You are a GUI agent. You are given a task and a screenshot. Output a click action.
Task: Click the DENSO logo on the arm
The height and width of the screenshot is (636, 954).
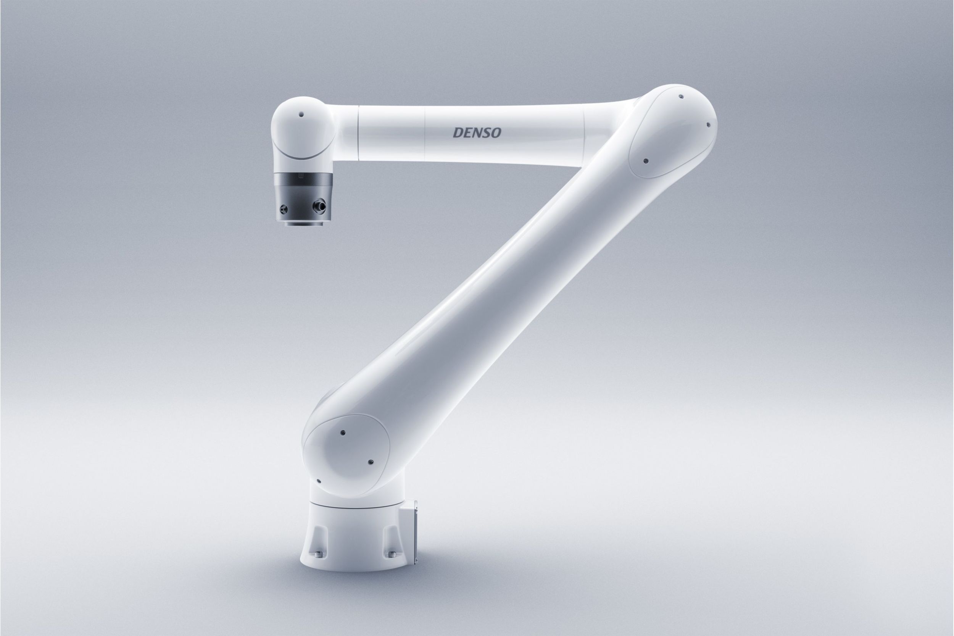coord(477,132)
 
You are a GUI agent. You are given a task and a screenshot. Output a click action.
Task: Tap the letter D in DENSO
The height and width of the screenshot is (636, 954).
coord(457,132)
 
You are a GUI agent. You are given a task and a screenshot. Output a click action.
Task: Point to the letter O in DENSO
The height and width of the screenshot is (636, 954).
coord(496,132)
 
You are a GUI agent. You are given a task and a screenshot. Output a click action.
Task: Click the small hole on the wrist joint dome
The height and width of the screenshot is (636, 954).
coord(301,115)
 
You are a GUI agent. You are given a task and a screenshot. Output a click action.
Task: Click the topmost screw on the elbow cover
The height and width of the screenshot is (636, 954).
coord(681,97)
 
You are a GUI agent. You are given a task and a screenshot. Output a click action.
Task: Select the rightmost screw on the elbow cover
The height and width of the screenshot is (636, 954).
coord(708,124)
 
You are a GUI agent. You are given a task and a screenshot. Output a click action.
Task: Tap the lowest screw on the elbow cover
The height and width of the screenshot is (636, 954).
coord(645,161)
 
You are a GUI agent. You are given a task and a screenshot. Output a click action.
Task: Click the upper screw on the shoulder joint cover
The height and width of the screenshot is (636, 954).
coord(343,433)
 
